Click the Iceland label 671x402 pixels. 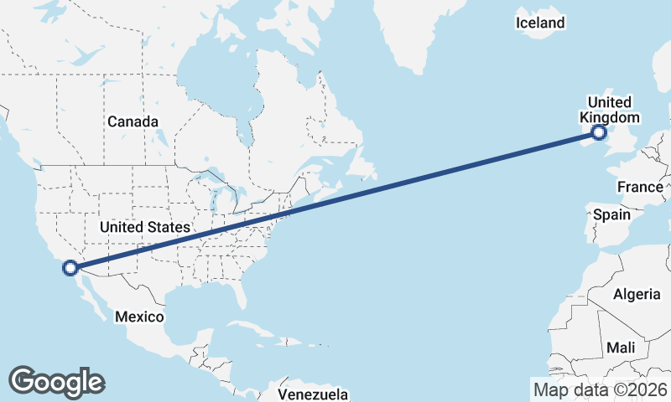point(540,23)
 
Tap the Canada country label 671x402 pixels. point(133,121)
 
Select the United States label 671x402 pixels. point(144,227)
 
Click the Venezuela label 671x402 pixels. point(313,394)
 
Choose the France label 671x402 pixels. point(640,186)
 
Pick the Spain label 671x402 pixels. point(611,214)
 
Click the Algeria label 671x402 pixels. point(637,294)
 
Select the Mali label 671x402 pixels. point(621,347)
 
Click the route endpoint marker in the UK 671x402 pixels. point(599,132)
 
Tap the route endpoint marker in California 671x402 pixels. point(70,268)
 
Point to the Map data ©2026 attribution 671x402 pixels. point(600,389)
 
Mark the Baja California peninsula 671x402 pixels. point(88,293)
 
